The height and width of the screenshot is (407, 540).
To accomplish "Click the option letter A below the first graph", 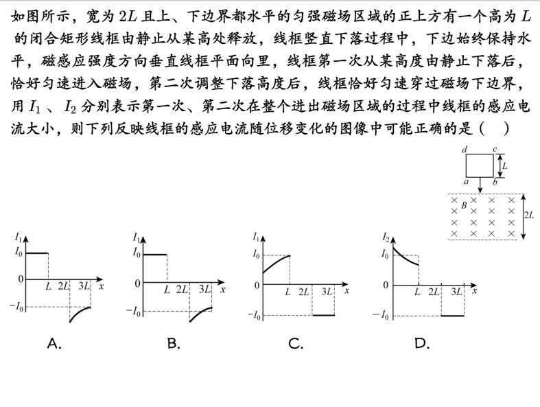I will point(54,344).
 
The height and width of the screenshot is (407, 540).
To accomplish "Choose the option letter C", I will point(296,344).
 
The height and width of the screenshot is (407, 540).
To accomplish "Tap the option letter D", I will point(421,344).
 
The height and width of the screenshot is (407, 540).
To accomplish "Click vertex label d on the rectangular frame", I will point(465,149).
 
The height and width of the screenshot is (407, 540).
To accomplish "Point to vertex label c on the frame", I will point(495,149).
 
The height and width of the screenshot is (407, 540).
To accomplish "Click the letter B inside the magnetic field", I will point(465,205).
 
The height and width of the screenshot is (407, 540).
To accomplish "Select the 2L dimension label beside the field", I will point(529,216).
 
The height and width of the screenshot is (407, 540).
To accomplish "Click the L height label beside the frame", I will point(504,165).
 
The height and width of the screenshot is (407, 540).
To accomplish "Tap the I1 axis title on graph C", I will point(256,237).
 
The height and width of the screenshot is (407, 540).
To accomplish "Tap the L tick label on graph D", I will point(417,292).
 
